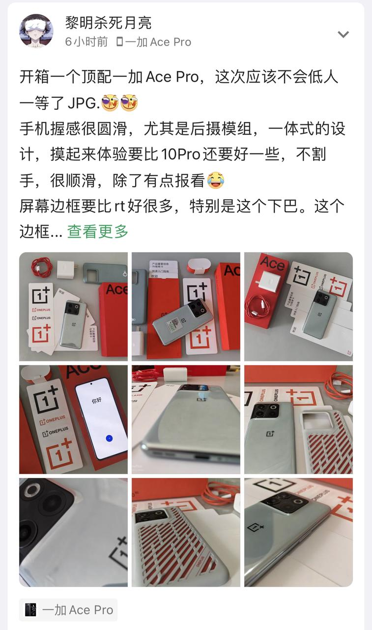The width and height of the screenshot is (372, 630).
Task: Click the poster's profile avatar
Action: [36, 30]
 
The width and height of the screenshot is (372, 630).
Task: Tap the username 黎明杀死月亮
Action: [108, 22]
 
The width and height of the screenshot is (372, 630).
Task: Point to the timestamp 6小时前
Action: [86, 42]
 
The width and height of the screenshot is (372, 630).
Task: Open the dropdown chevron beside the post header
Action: [343, 34]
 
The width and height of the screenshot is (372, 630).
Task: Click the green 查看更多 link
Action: [98, 231]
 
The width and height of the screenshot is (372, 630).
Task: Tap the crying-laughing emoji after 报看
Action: [214, 180]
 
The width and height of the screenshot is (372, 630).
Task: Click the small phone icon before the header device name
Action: [119, 42]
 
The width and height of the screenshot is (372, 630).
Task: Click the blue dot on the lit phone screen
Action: [109, 438]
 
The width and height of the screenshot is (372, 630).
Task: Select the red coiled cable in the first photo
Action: [42, 267]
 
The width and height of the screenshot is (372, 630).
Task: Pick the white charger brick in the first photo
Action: [65, 270]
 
